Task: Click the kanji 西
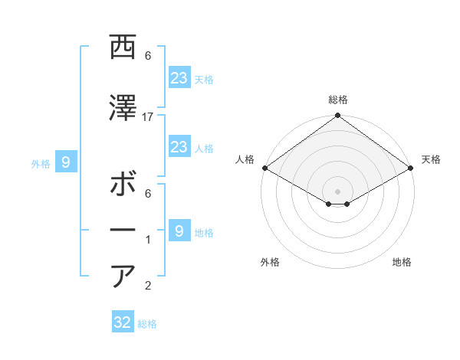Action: [x=123, y=47]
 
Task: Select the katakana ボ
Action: [x=123, y=185]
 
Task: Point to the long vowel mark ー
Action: [x=123, y=229]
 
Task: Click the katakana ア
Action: [x=123, y=276]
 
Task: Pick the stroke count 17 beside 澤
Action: [x=148, y=116]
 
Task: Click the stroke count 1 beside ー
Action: [x=148, y=240]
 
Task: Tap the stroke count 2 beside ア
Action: [x=148, y=286]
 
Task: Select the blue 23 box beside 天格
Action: [x=179, y=77]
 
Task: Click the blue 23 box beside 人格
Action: [x=179, y=147]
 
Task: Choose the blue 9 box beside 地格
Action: [x=179, y=231]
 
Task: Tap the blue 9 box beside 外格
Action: [x=66, y=162]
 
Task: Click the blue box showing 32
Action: [x=123, y=322]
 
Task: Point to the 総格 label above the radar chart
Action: [x=337, y=100]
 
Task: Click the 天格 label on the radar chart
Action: [x=431, y=159]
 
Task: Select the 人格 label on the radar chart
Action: [x=245, y=159]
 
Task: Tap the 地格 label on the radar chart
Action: [x=402, y=262]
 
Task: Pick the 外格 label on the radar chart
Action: [x=270, y=262]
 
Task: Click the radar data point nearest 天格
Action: [x=411, y=168]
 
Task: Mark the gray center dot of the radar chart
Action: [x=337, y=190]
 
